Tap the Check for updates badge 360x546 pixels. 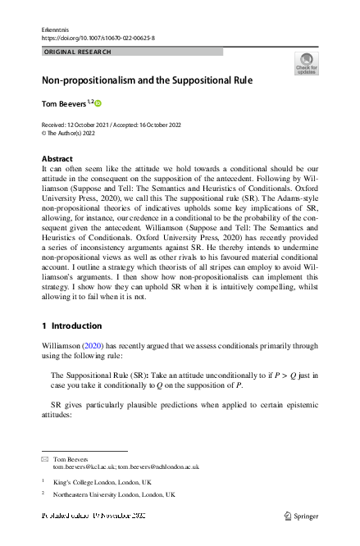tap(306, 63)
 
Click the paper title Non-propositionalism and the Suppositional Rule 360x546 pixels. tap(141, 82)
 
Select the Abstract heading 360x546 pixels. tap(57, 158)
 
